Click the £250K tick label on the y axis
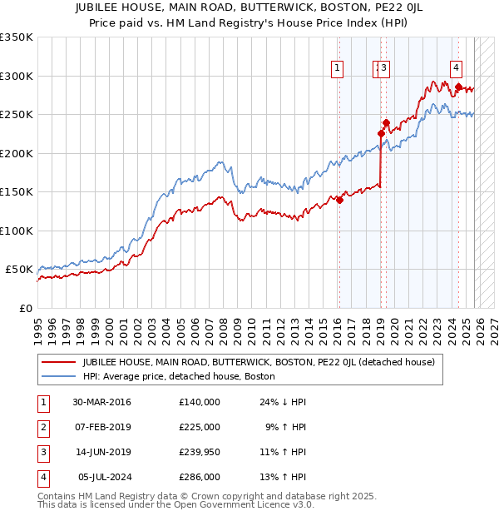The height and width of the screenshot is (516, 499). pyautogui.click(x=17, y=115)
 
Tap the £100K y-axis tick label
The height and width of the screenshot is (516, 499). pyautogui.click(x=17, y=231)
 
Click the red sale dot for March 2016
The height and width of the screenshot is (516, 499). pyautogui.click(x=339, y=200)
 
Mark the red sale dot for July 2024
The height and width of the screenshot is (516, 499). pyautogui.click(x=458, y=87)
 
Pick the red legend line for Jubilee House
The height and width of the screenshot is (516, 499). pyautogui.click(x=58, y=362)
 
